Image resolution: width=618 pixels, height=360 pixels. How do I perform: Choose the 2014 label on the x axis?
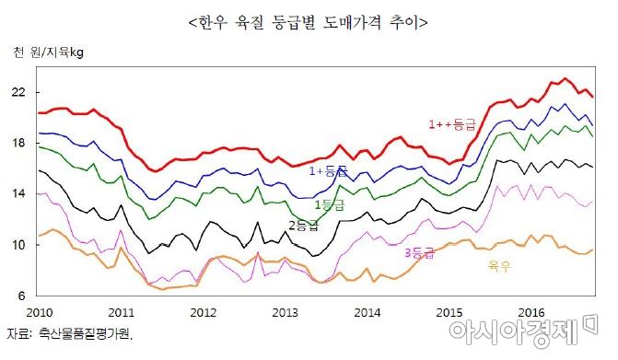[x=368, y=312]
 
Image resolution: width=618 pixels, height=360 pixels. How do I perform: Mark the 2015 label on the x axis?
[x=449, y=312]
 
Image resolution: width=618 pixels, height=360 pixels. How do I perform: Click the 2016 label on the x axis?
[x=532, y=312]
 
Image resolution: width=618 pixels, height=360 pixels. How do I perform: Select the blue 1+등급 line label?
[x=328, y=170]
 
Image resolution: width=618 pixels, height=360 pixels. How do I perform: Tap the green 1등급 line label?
[x=330, y=204]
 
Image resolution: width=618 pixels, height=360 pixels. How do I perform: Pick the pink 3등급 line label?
[x=420, y=251]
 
